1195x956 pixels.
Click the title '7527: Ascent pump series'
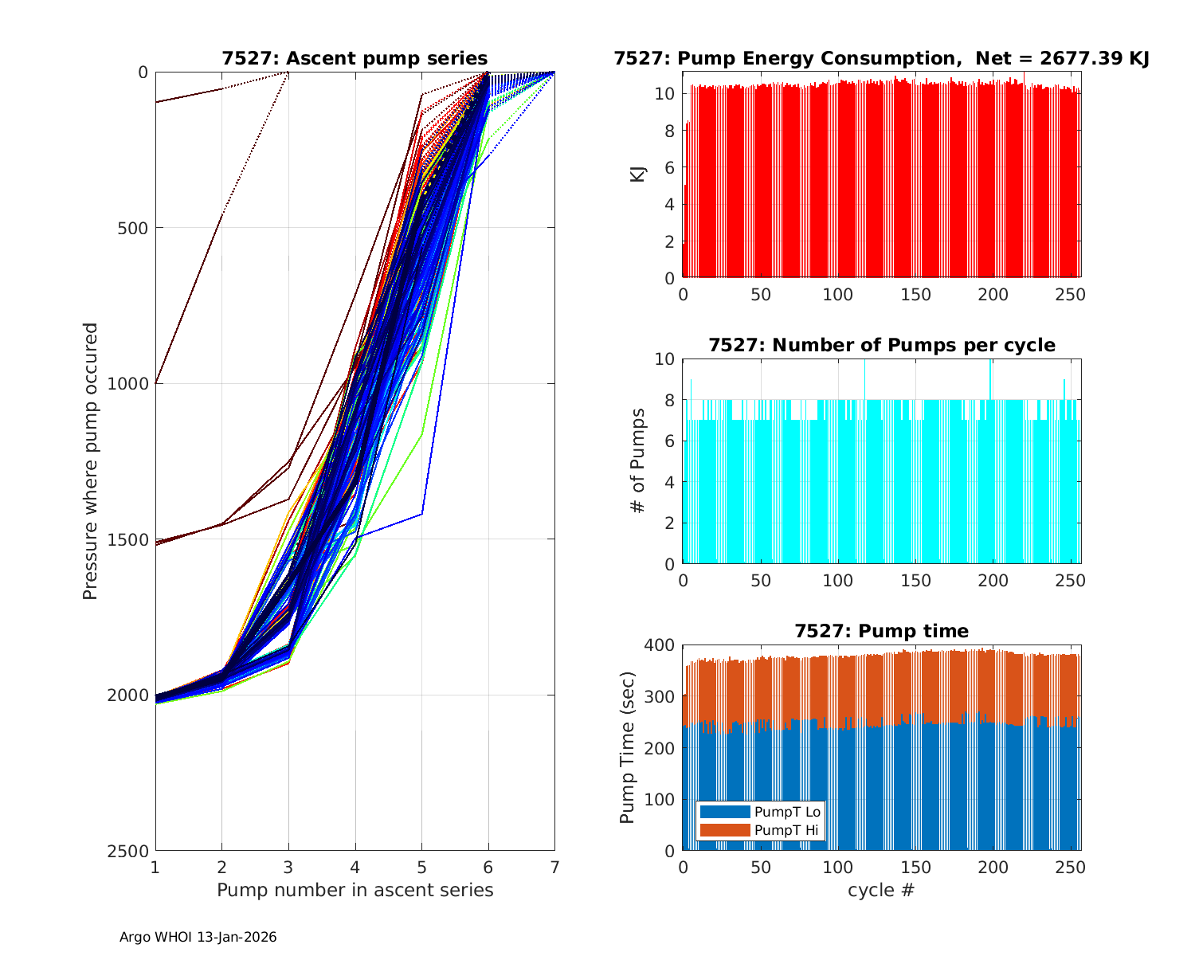coord(355,58)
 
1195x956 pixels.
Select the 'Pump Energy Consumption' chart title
coord(881,58)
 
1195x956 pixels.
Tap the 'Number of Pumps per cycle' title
coord(881,345)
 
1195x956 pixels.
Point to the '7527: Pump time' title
coord(881,631)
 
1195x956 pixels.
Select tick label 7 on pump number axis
coord(554,866)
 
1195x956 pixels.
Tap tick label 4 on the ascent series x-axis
coord(355,866)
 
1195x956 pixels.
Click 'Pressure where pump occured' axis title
coord(91,461)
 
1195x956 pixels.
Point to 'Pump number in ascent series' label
coord(355,890)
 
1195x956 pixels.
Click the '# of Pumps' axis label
coord(637,460)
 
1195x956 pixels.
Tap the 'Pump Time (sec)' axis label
coord(627,747)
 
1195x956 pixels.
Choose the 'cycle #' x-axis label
coord(881,890)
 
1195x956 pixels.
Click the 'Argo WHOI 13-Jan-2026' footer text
coord(198,937)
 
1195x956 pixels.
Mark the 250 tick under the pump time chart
coord(1071,866)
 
